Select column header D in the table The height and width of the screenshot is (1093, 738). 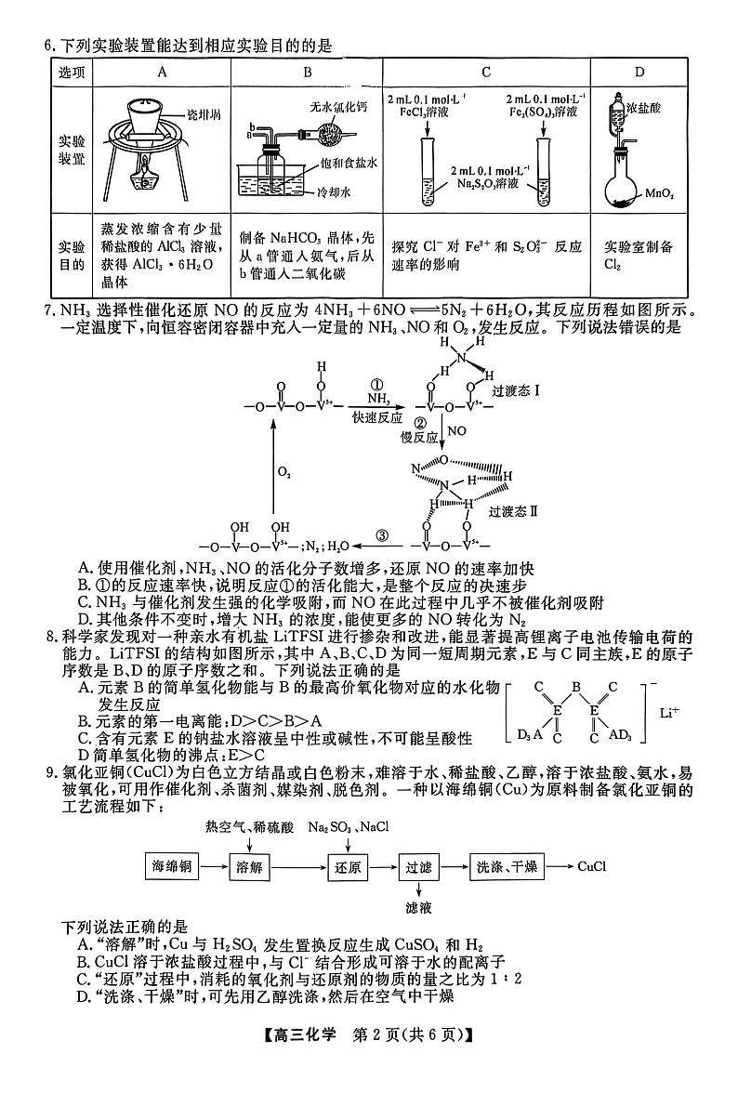point(639,72)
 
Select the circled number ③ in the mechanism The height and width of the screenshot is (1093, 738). point(382,535)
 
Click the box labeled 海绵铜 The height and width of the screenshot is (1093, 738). point(172,866)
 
